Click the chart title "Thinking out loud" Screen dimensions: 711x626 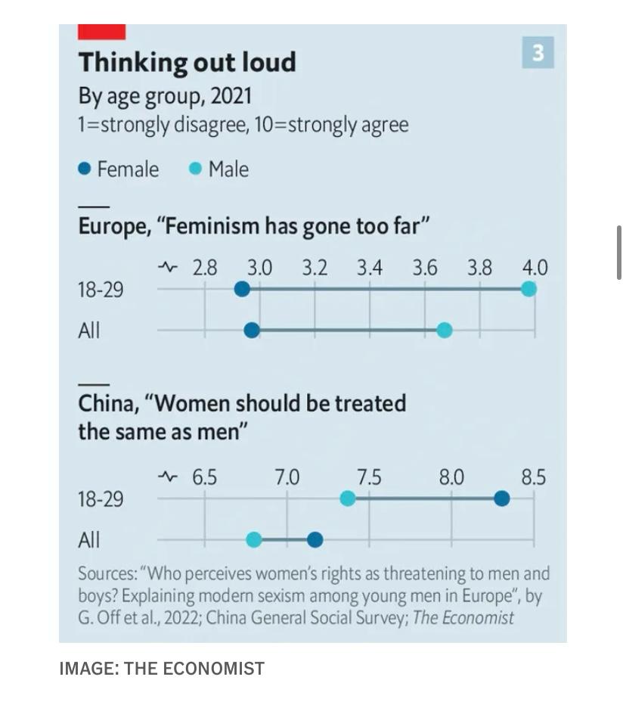point(187,62)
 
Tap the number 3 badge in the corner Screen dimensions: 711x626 point(538,53)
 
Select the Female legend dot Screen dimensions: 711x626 point(85,169)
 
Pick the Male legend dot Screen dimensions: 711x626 point(196,169)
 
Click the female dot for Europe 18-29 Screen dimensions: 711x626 point(242,289)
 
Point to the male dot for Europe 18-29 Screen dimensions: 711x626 point(529,289)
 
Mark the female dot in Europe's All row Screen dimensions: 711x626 point(253,331)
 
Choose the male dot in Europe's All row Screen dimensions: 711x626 point(445,331)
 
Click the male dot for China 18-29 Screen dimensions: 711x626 point(348,498)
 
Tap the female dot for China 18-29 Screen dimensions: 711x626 point(501,498)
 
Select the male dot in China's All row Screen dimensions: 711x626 point(254,539)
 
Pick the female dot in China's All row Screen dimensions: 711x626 point(315,539)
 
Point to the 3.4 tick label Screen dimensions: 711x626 point(370,269)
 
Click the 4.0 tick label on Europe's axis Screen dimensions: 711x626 point(535,269)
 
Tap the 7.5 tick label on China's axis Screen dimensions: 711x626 point(369,478)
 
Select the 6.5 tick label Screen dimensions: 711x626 point(204,478)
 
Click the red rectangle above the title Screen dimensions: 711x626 point(102,32)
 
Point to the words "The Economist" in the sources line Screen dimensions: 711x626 point(463,618)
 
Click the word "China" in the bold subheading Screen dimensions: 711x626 point(107,403)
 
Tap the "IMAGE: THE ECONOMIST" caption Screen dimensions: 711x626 point(162,669)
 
